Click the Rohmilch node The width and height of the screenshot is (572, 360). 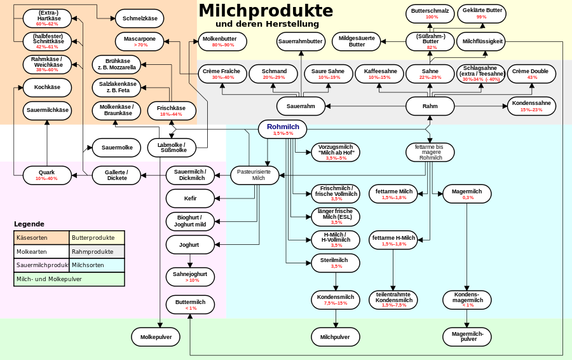coord(283,129)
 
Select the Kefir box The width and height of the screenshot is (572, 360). coord(190,198)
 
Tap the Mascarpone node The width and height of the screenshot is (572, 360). coord(140,41)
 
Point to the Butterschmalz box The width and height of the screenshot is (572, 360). coord(430,13)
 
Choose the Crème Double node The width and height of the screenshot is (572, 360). coord(530,74)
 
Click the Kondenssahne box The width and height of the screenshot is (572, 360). coord(531,106)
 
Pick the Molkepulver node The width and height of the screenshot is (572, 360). coord(156,336)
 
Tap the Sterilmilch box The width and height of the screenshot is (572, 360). coord(335,262)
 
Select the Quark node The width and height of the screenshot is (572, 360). coord(46,175)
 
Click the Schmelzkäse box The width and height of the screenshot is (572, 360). coord(140,18)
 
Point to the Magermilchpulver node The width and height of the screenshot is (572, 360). coord(468,336)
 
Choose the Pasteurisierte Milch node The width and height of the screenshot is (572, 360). coord(254,175)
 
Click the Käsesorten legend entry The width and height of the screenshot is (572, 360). coord(41,238)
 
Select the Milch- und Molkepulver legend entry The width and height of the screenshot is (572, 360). coord(69,279)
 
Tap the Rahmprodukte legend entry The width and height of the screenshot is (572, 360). coord(97,252)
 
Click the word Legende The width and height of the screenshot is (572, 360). coord(29,224)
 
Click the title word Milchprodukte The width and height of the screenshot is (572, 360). coord(266,11)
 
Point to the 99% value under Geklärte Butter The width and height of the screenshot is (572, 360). coord(481,17)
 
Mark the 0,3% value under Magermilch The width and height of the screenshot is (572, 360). coord(468,198)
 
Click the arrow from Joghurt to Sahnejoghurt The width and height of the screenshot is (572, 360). coord(190,260)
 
